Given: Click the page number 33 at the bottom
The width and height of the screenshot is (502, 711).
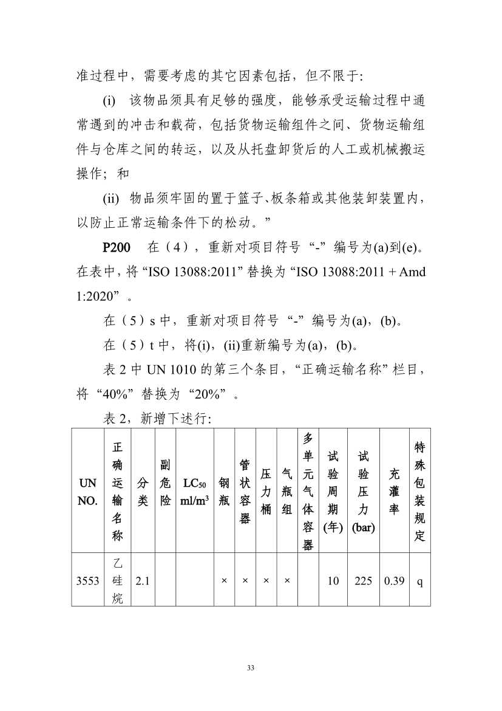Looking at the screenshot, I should (x=251, y=668).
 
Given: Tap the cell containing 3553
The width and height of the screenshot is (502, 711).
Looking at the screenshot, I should (x=87, y=580).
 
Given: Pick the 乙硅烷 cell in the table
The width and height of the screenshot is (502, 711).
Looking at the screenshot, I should (x=118, y=580).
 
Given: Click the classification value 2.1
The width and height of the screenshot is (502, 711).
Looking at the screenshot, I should (x=143, y=580).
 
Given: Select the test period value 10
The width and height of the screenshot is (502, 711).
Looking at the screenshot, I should (x=333, y=580).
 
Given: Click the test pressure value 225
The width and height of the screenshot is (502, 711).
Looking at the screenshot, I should (x=363, y=580).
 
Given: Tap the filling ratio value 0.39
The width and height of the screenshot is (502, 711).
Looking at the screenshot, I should (x=394, y=580).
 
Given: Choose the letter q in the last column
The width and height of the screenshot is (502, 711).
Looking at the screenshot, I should (x=419, y=580).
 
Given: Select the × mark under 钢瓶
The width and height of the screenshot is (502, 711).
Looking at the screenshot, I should (x=224, y=580).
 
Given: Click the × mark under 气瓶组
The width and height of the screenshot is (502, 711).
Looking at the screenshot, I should (x=287, y=580).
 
